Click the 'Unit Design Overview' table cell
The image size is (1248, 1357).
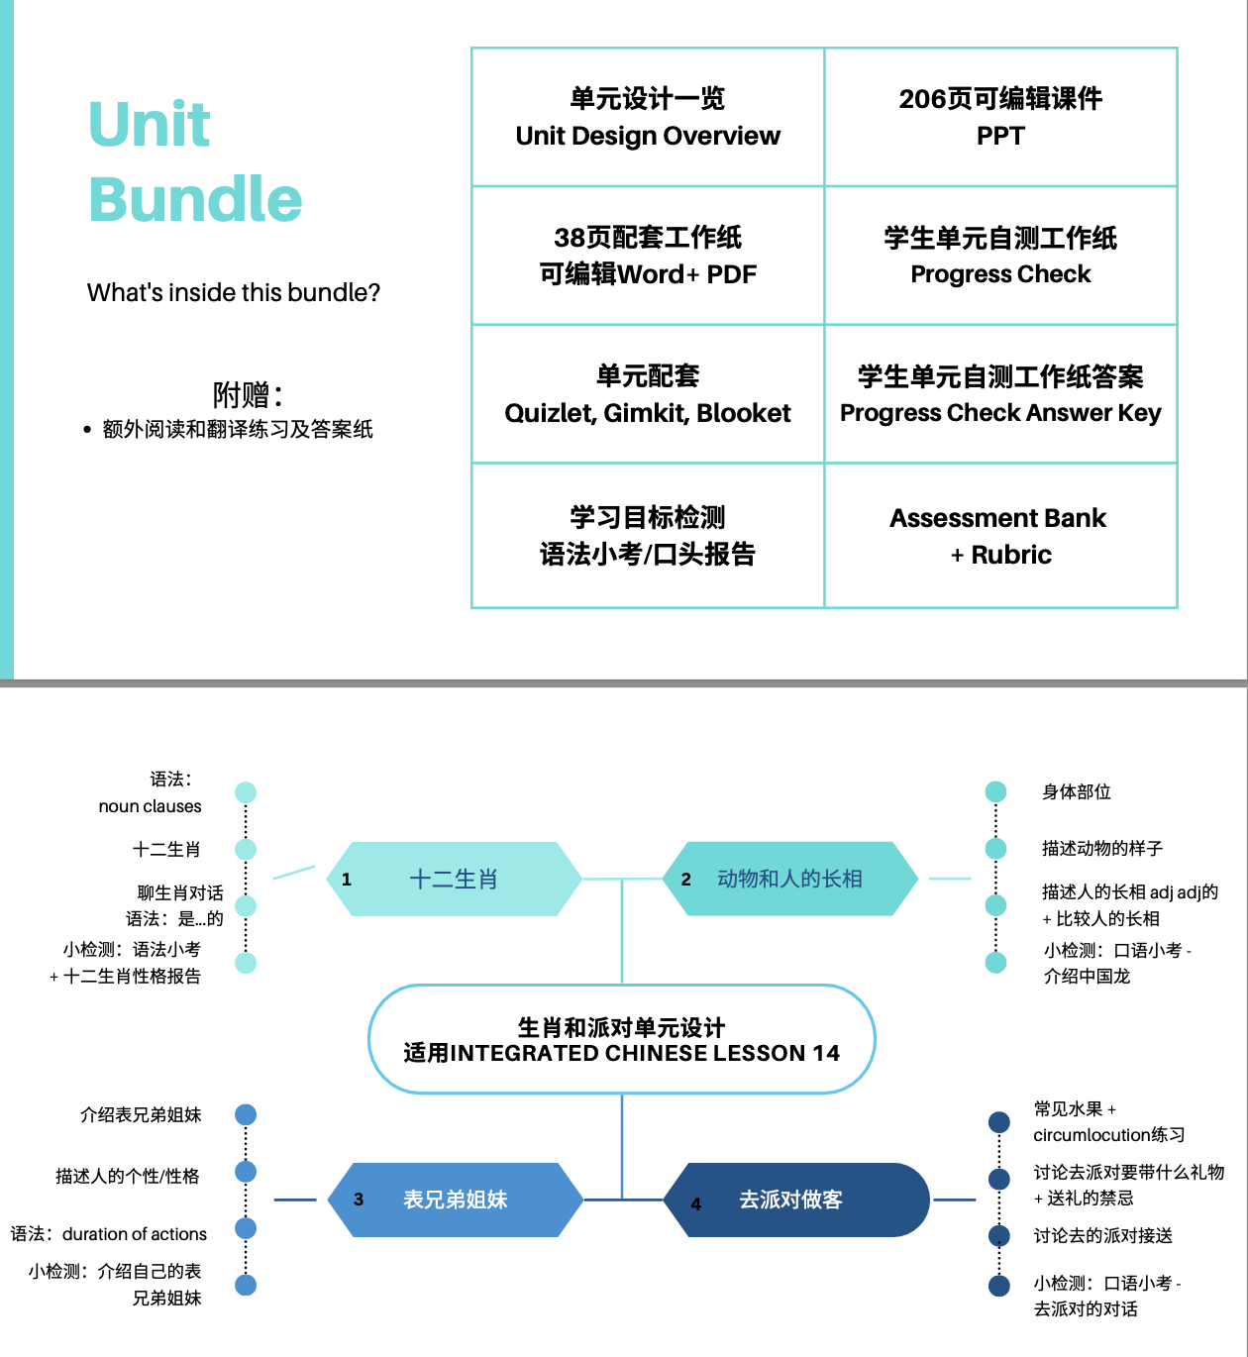648,118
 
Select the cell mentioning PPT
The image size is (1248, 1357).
1000,118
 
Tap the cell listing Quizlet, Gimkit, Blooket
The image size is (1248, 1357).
648,394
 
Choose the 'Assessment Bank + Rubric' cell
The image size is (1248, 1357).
1000,536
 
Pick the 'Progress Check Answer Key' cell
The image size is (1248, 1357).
1000,394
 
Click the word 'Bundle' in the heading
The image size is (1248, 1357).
195,199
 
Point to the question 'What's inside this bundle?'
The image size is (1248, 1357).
234,293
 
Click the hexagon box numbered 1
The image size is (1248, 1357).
454,879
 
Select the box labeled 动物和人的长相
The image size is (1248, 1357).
790,879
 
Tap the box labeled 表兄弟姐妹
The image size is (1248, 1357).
455,1200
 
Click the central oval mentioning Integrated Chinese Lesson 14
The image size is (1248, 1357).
622,1040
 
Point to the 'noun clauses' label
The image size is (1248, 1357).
150,806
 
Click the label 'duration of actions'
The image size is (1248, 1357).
135,1234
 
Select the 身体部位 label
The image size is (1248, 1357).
1077,792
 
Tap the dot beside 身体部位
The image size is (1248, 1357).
996,791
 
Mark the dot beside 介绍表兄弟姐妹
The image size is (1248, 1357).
246,1115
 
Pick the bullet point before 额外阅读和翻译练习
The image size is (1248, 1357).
87,430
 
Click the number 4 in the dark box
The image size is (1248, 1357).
696,1204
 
